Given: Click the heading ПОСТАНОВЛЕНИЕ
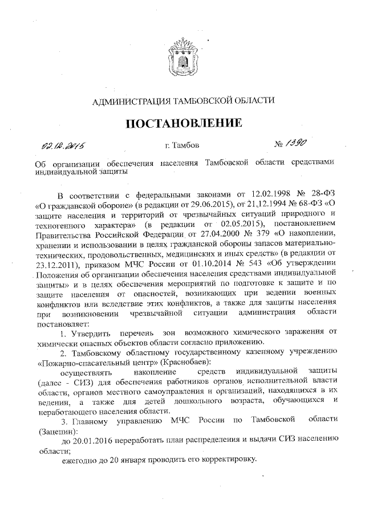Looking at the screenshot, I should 183,123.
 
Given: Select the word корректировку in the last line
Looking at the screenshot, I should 225,460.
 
